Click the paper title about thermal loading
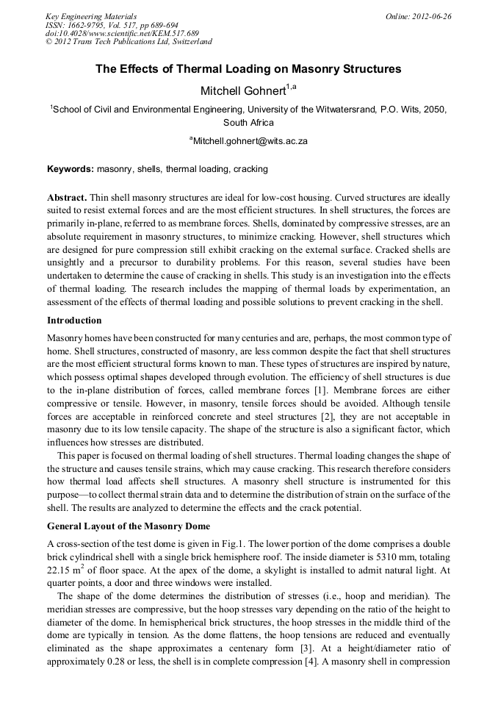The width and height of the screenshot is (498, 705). [x=248, y=69]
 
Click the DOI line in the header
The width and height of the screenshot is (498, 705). [x=122, y=33]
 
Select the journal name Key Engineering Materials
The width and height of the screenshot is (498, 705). [x=91, y=16]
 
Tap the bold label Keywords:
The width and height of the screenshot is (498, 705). [x=71, y=169]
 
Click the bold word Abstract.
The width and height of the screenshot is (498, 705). [x=67, y=198]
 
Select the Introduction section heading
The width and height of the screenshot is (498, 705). [x=74, y=321]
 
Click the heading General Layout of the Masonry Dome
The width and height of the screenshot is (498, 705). [x=129, y=526]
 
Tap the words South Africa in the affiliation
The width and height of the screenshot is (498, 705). [x=248, y=122]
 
